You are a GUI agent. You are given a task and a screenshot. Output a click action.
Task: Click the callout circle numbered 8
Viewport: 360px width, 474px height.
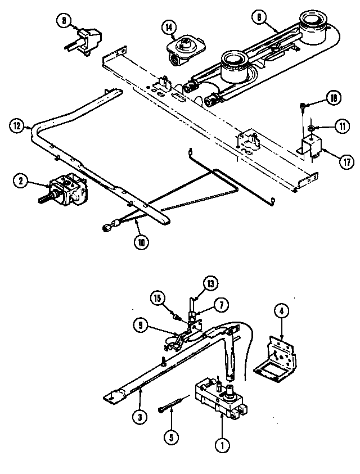coord(64,21)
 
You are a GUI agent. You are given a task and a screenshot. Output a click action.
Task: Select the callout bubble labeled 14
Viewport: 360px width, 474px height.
coord(168,26)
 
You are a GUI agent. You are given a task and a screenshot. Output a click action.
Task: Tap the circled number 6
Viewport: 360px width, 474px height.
coord(259,18)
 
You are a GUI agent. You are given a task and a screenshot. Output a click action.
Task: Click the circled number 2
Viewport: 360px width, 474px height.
coord(21,181)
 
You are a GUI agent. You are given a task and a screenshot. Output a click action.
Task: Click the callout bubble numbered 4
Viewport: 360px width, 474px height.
coord(281,310)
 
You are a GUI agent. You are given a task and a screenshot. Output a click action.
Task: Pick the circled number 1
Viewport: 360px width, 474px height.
coord(223,447)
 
